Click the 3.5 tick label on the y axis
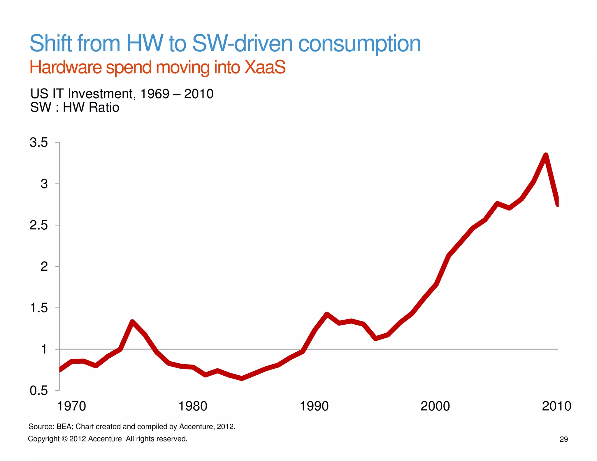(38, 143)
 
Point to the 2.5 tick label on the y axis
(38, 225)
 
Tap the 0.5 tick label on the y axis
(38, 391)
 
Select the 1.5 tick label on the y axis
(38, 308)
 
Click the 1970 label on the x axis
(71, 406)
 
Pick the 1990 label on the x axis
(314, 406)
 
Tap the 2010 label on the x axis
(556, 406)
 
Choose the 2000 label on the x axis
(435, 406)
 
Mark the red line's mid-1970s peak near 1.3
(132, 322)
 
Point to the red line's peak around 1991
(326, 314)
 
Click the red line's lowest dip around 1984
(242, 378)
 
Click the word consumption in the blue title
(359, 43)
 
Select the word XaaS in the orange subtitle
(265, 67)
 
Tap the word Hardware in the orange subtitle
(66, 67)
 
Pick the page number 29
(564, 439)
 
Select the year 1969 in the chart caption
(154, 94)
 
